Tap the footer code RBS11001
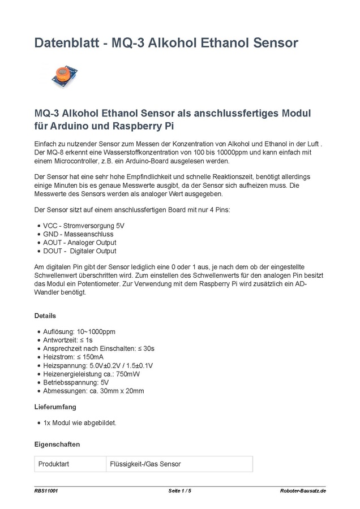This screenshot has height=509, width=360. tap(46, 490)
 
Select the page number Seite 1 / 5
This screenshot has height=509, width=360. tap(179, 490)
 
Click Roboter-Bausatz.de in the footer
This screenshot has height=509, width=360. tap(303, 490)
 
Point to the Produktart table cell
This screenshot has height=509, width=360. tap(54, 464)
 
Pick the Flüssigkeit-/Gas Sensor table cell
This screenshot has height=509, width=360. tap(145, 464)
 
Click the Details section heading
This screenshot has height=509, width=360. tap(45, 316)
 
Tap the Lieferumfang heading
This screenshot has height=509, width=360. tap(55, 407)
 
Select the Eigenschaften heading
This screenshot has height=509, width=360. tap(57, 444)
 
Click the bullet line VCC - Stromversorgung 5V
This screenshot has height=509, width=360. tap(84, 225)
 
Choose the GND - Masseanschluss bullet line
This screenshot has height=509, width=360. tap(78, 234)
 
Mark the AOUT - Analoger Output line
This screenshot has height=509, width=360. tap(80, 242)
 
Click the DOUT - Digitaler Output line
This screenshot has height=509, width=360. tap(80, 251)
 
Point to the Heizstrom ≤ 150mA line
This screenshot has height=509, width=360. tap(73, 357)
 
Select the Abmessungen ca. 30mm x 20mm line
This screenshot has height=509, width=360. tap(93, 391)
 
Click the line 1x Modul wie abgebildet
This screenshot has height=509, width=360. tap(80, 422)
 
